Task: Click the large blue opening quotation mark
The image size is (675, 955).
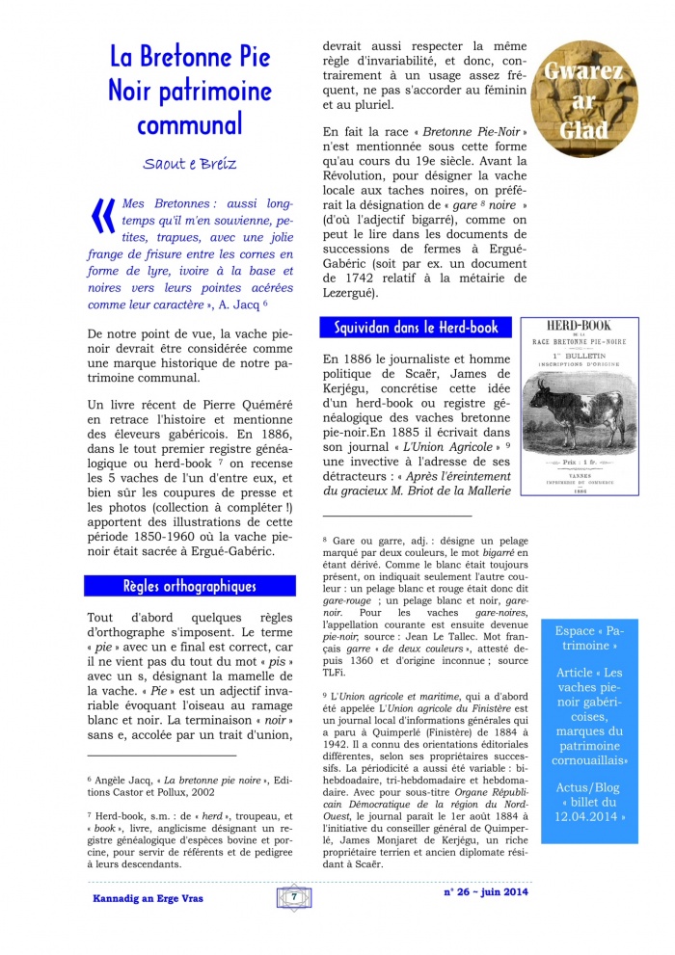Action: (101, 218)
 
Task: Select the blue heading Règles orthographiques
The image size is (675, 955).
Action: (189, 585)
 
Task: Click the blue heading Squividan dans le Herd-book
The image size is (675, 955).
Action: (416, 328)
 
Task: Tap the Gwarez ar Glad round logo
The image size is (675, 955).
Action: (584, 99)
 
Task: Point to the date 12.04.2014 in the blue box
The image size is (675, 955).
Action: (590, 816)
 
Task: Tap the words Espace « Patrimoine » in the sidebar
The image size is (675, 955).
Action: (590, 638)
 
